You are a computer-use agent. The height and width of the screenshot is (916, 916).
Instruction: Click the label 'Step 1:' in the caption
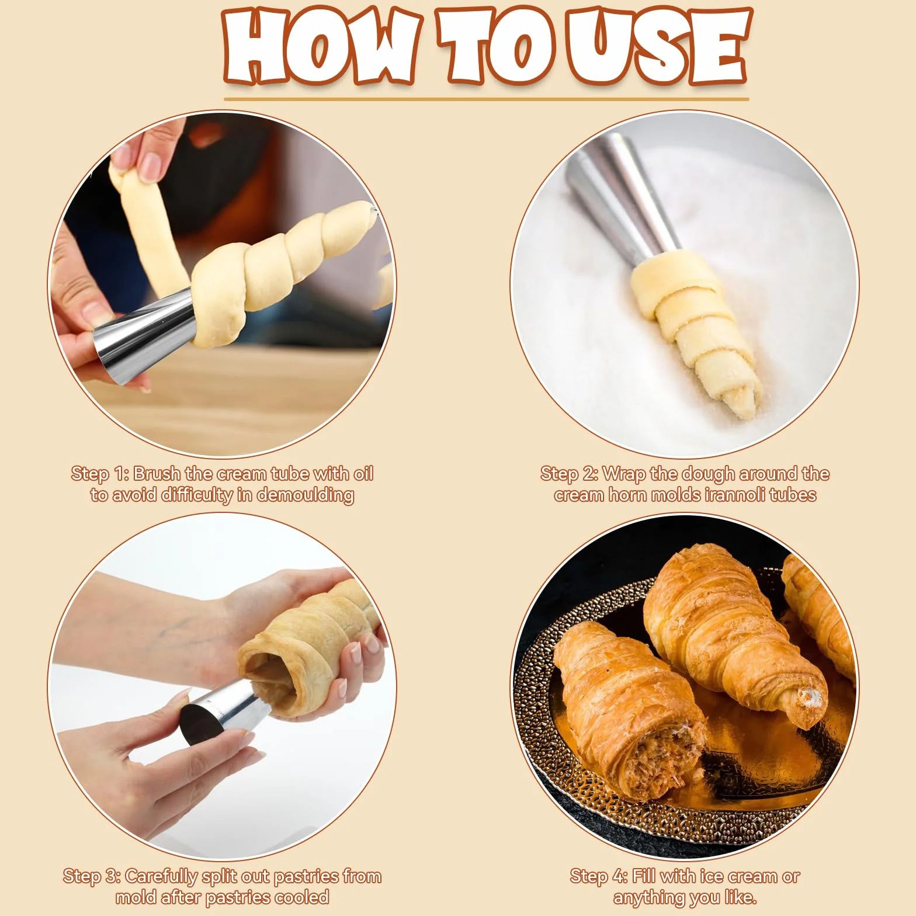point(99,474)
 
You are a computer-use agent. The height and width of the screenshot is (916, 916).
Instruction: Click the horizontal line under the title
point(486,99)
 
